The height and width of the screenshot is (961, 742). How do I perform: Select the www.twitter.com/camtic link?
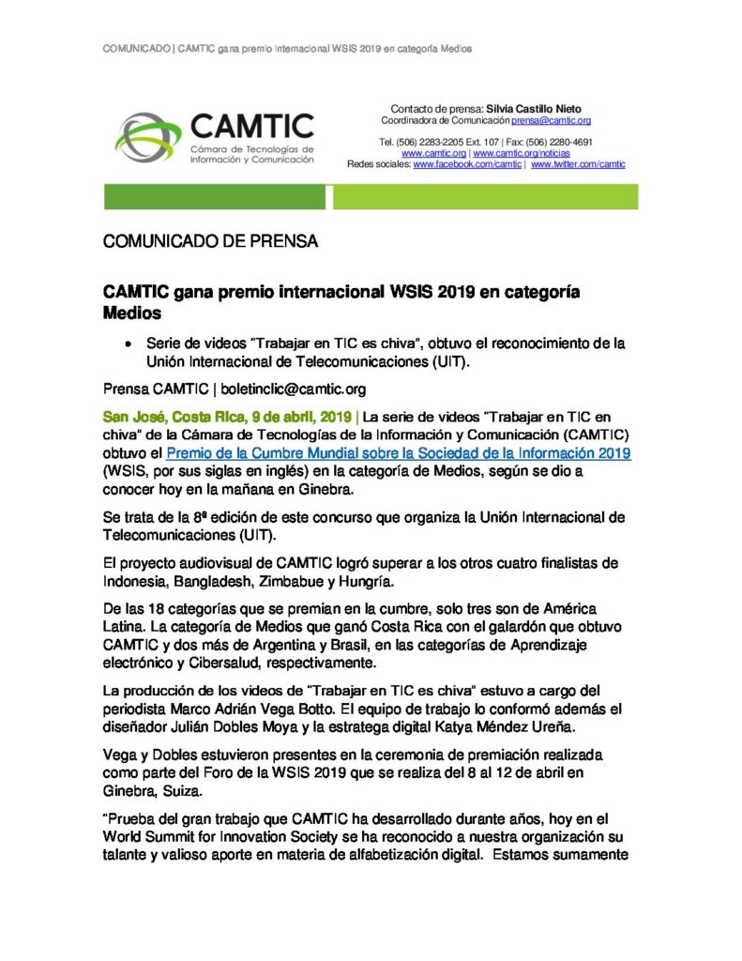pyautogui.click(x=579, y=164)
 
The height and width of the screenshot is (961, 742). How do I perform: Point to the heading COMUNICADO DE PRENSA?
pyautogui.click(x=210, y=242)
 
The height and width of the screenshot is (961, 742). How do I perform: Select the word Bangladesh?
pyautogui.click(x=223, y=581)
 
